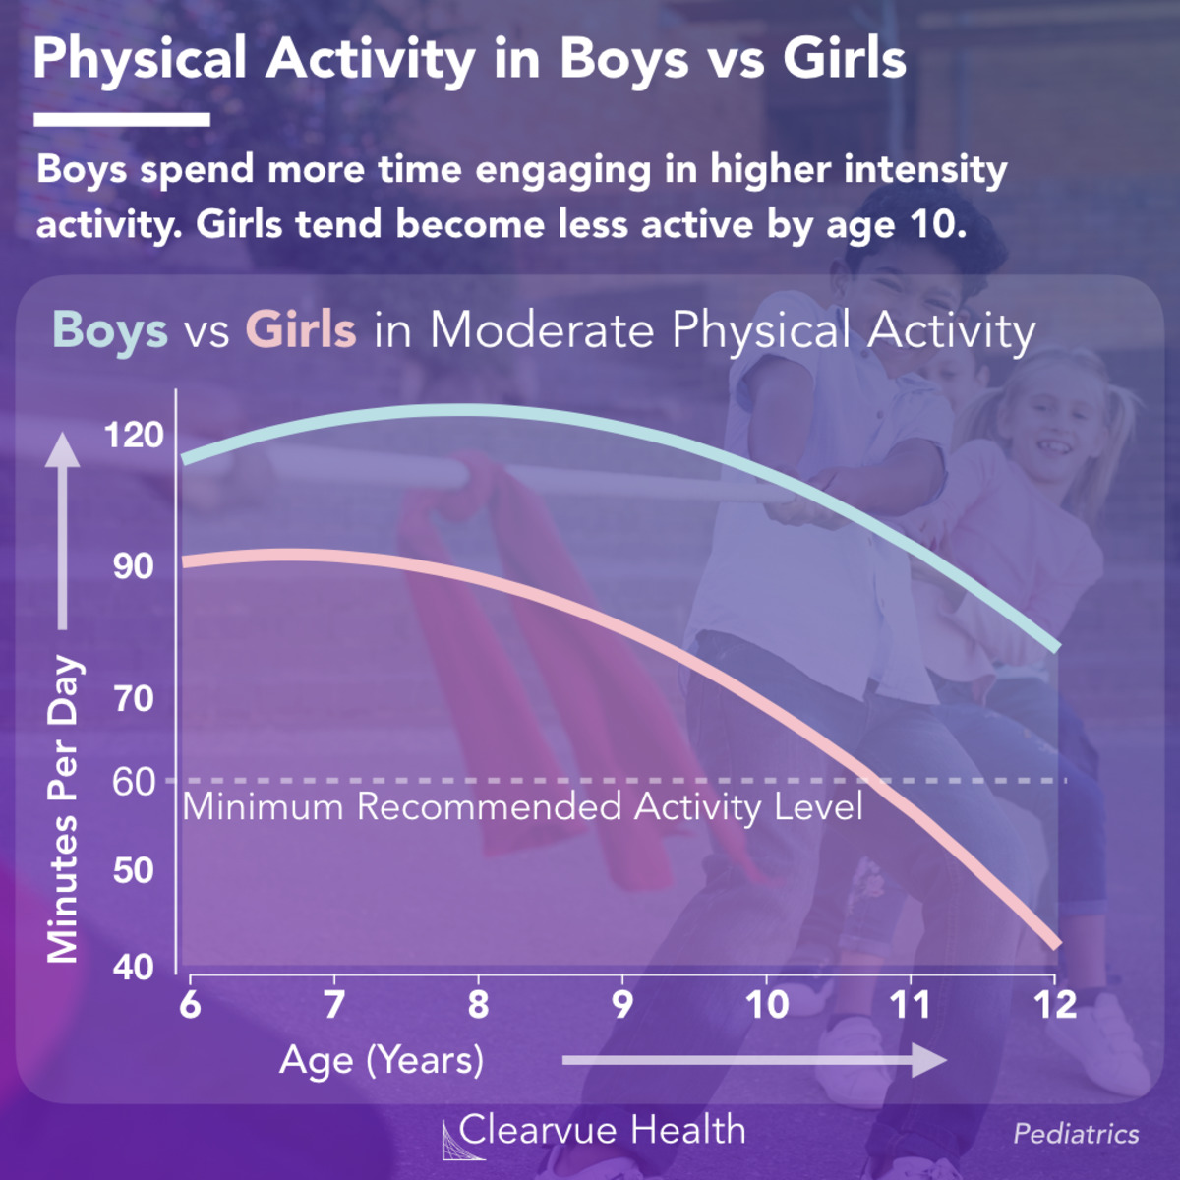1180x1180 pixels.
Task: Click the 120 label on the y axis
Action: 135,435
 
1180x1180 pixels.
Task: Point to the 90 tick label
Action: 134,566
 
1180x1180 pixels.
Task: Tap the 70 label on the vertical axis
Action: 134,698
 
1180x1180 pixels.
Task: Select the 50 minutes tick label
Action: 134,870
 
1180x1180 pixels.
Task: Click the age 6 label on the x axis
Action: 191,1005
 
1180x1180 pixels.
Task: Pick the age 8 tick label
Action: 478,1005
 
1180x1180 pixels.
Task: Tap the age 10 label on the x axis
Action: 766,1005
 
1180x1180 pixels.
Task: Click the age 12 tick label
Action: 1054,1005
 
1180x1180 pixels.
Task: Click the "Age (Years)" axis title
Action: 382,1060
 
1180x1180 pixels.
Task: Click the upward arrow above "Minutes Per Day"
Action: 63,531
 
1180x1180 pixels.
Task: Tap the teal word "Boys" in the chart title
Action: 110,330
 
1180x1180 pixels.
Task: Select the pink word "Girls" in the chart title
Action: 301,330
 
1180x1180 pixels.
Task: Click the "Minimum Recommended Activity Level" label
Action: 522,807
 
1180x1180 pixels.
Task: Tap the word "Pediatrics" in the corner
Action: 1076,1134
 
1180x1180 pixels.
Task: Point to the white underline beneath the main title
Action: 122,120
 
